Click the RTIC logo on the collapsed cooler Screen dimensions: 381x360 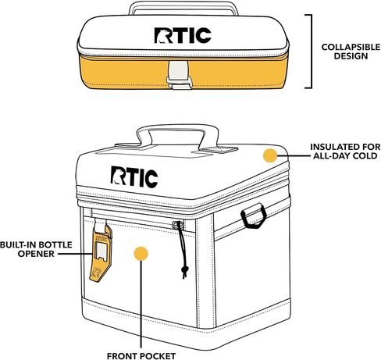coord(183,35)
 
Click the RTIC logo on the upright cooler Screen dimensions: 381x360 coord(134,177)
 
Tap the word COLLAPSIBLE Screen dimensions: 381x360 coord(351,47)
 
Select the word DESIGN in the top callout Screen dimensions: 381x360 coord(351,56)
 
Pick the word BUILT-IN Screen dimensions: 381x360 coord(18,245)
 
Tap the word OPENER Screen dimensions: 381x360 coord(36,254)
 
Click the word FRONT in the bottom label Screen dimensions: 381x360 coord(123,356)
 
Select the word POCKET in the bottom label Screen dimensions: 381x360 coord(158,356)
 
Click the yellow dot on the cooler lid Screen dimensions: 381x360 coord(270,155)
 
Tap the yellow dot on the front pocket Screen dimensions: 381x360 coord(141,254)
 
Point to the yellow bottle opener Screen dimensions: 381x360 coord(100,252)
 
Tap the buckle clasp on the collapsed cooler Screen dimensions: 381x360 coord(179,75)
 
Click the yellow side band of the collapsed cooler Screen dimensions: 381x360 coord(234,73)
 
